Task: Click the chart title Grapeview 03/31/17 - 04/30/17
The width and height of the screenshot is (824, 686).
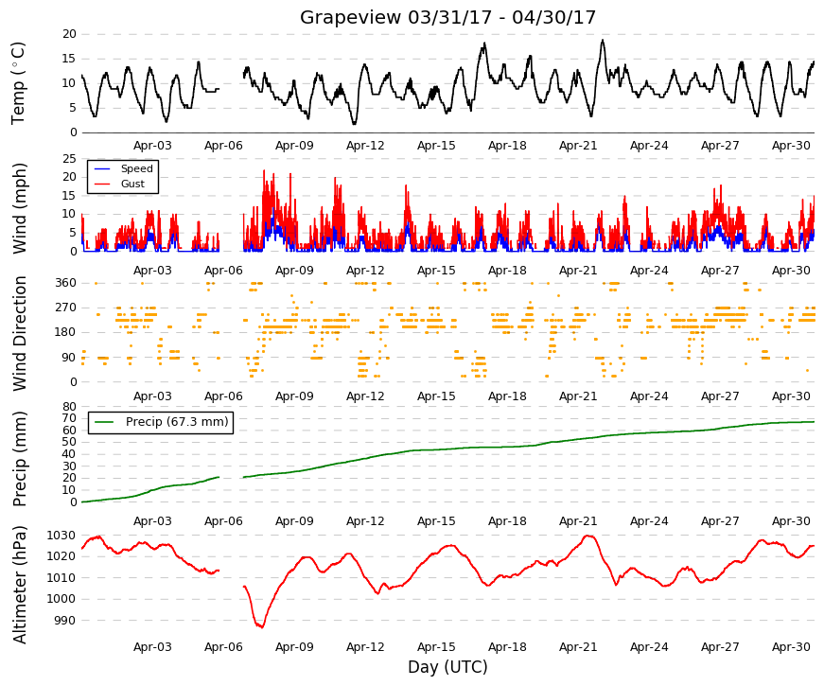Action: pos(447,17)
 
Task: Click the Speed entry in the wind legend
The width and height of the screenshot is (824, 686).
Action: pos(136,168)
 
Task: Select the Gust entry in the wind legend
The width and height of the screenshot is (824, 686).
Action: pos(132,184)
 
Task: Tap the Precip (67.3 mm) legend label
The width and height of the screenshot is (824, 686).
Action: pos(177,422)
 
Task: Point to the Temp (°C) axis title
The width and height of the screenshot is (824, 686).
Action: pos(18,83)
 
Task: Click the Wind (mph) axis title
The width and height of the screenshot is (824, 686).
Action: pos(20,208)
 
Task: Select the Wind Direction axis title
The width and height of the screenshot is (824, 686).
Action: pos(20,333)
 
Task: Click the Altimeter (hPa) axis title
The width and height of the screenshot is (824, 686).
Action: pos(20,585)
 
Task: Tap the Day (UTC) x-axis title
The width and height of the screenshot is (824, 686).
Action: pos(447,667)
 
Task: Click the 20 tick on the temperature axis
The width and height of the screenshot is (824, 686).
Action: pos(69,34)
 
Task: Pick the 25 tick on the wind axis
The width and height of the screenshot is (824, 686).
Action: pos(69,159)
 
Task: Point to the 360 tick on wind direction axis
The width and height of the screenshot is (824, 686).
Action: pos(66,283)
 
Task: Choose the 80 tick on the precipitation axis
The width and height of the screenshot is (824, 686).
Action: pos(69,406)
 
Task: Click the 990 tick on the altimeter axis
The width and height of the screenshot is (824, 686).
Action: pos(65,621)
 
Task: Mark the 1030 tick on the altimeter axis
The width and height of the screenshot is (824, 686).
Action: pos(61,536)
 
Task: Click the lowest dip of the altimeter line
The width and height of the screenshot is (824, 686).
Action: pos(262,627)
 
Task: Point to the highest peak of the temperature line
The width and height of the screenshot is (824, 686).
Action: pos(603,40)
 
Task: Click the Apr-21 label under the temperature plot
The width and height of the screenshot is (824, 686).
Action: pos(578,146)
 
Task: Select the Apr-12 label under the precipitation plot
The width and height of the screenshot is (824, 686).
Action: pos(365,521)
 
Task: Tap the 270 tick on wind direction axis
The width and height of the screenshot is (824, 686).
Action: pos(66,308)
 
